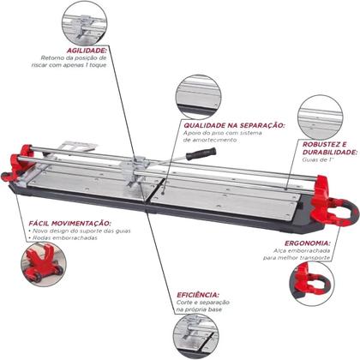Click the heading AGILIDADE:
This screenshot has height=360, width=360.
coord(73,50)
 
